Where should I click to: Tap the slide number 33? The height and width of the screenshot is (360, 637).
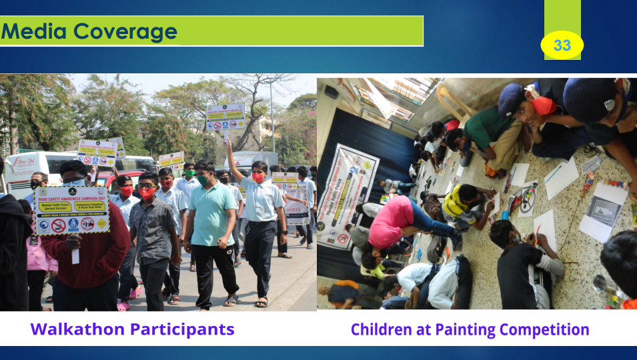point(562,45)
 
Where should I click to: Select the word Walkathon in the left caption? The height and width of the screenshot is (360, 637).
point(79,329)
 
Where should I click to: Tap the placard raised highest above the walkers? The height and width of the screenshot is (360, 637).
point(225,117)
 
